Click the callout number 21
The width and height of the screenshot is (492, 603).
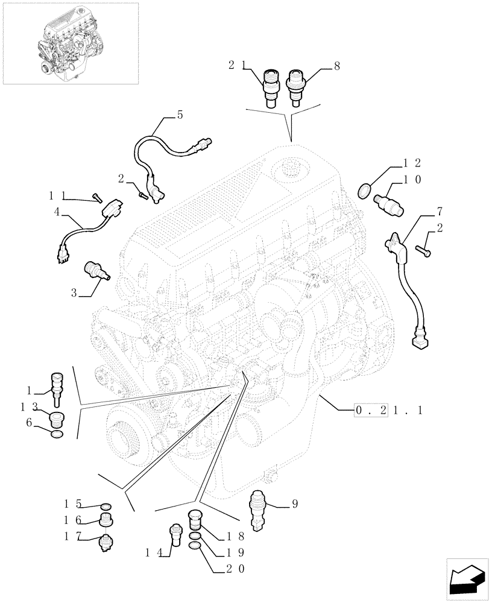click(237, 65)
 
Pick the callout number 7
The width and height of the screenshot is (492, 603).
click(440, 211)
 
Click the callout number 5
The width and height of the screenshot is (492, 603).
click(180, 114)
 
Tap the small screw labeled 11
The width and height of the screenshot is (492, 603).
click(98, 198)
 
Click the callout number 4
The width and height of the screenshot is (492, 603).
click(57, 212)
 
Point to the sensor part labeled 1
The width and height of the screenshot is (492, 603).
click(58, 386)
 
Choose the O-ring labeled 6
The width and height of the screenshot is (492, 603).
click(56, 435)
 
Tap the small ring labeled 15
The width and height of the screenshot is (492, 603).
click(105, 505)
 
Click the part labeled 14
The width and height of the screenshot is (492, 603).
click(175, 534)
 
